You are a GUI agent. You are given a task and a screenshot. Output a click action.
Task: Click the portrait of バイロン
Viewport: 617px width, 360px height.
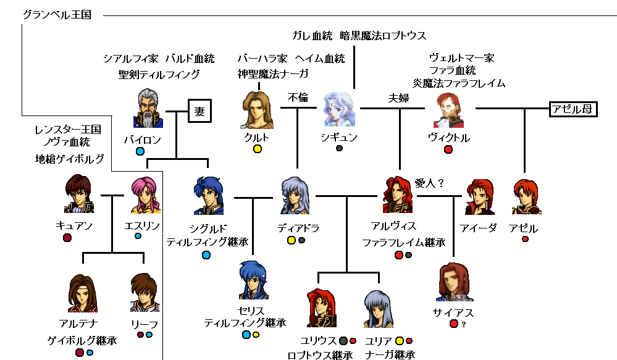[148, 108]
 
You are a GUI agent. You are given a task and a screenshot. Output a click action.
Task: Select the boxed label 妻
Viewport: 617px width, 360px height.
[199, 112]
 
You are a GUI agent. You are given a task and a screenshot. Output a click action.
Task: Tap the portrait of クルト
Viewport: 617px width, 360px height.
[256, 109]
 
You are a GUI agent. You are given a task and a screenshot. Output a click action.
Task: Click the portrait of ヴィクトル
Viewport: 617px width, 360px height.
[449, 110]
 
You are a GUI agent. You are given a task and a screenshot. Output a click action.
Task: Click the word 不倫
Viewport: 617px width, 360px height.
[298, 97]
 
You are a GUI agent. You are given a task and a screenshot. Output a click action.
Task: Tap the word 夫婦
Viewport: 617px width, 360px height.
[399, 97]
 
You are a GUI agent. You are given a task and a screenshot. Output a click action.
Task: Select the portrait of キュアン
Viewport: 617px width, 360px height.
[79, 195]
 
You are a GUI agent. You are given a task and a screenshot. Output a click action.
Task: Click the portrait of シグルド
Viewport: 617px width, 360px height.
[209, 195]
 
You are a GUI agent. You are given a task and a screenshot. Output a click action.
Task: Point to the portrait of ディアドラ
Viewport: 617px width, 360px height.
[296, 195]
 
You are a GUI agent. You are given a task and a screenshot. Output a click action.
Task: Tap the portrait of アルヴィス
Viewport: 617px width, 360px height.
[398, 195]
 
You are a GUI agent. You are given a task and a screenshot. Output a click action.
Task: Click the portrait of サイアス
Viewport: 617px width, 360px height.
[454, 282]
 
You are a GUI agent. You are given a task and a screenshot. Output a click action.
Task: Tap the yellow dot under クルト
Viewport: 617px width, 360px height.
[257, 149]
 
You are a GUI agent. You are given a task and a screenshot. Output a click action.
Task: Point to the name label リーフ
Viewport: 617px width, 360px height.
[145, 324]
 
